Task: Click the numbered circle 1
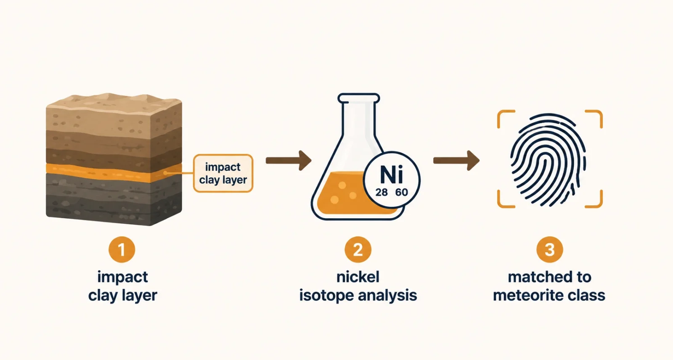pos(122,249)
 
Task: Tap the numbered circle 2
pos(358,249)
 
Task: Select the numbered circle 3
pos(549,249)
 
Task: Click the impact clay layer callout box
pos(223,173)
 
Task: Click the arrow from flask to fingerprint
pos(456,161)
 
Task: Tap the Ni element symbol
pos(392,175)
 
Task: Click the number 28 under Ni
pos(382,192)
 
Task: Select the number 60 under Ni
pos(402,192)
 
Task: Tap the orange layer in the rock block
pos(114,173)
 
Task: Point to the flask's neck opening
pos(358,98)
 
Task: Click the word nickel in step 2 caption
pos(358,277)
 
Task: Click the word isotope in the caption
pos(326,296)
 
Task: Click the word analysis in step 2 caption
pos(387,296)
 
